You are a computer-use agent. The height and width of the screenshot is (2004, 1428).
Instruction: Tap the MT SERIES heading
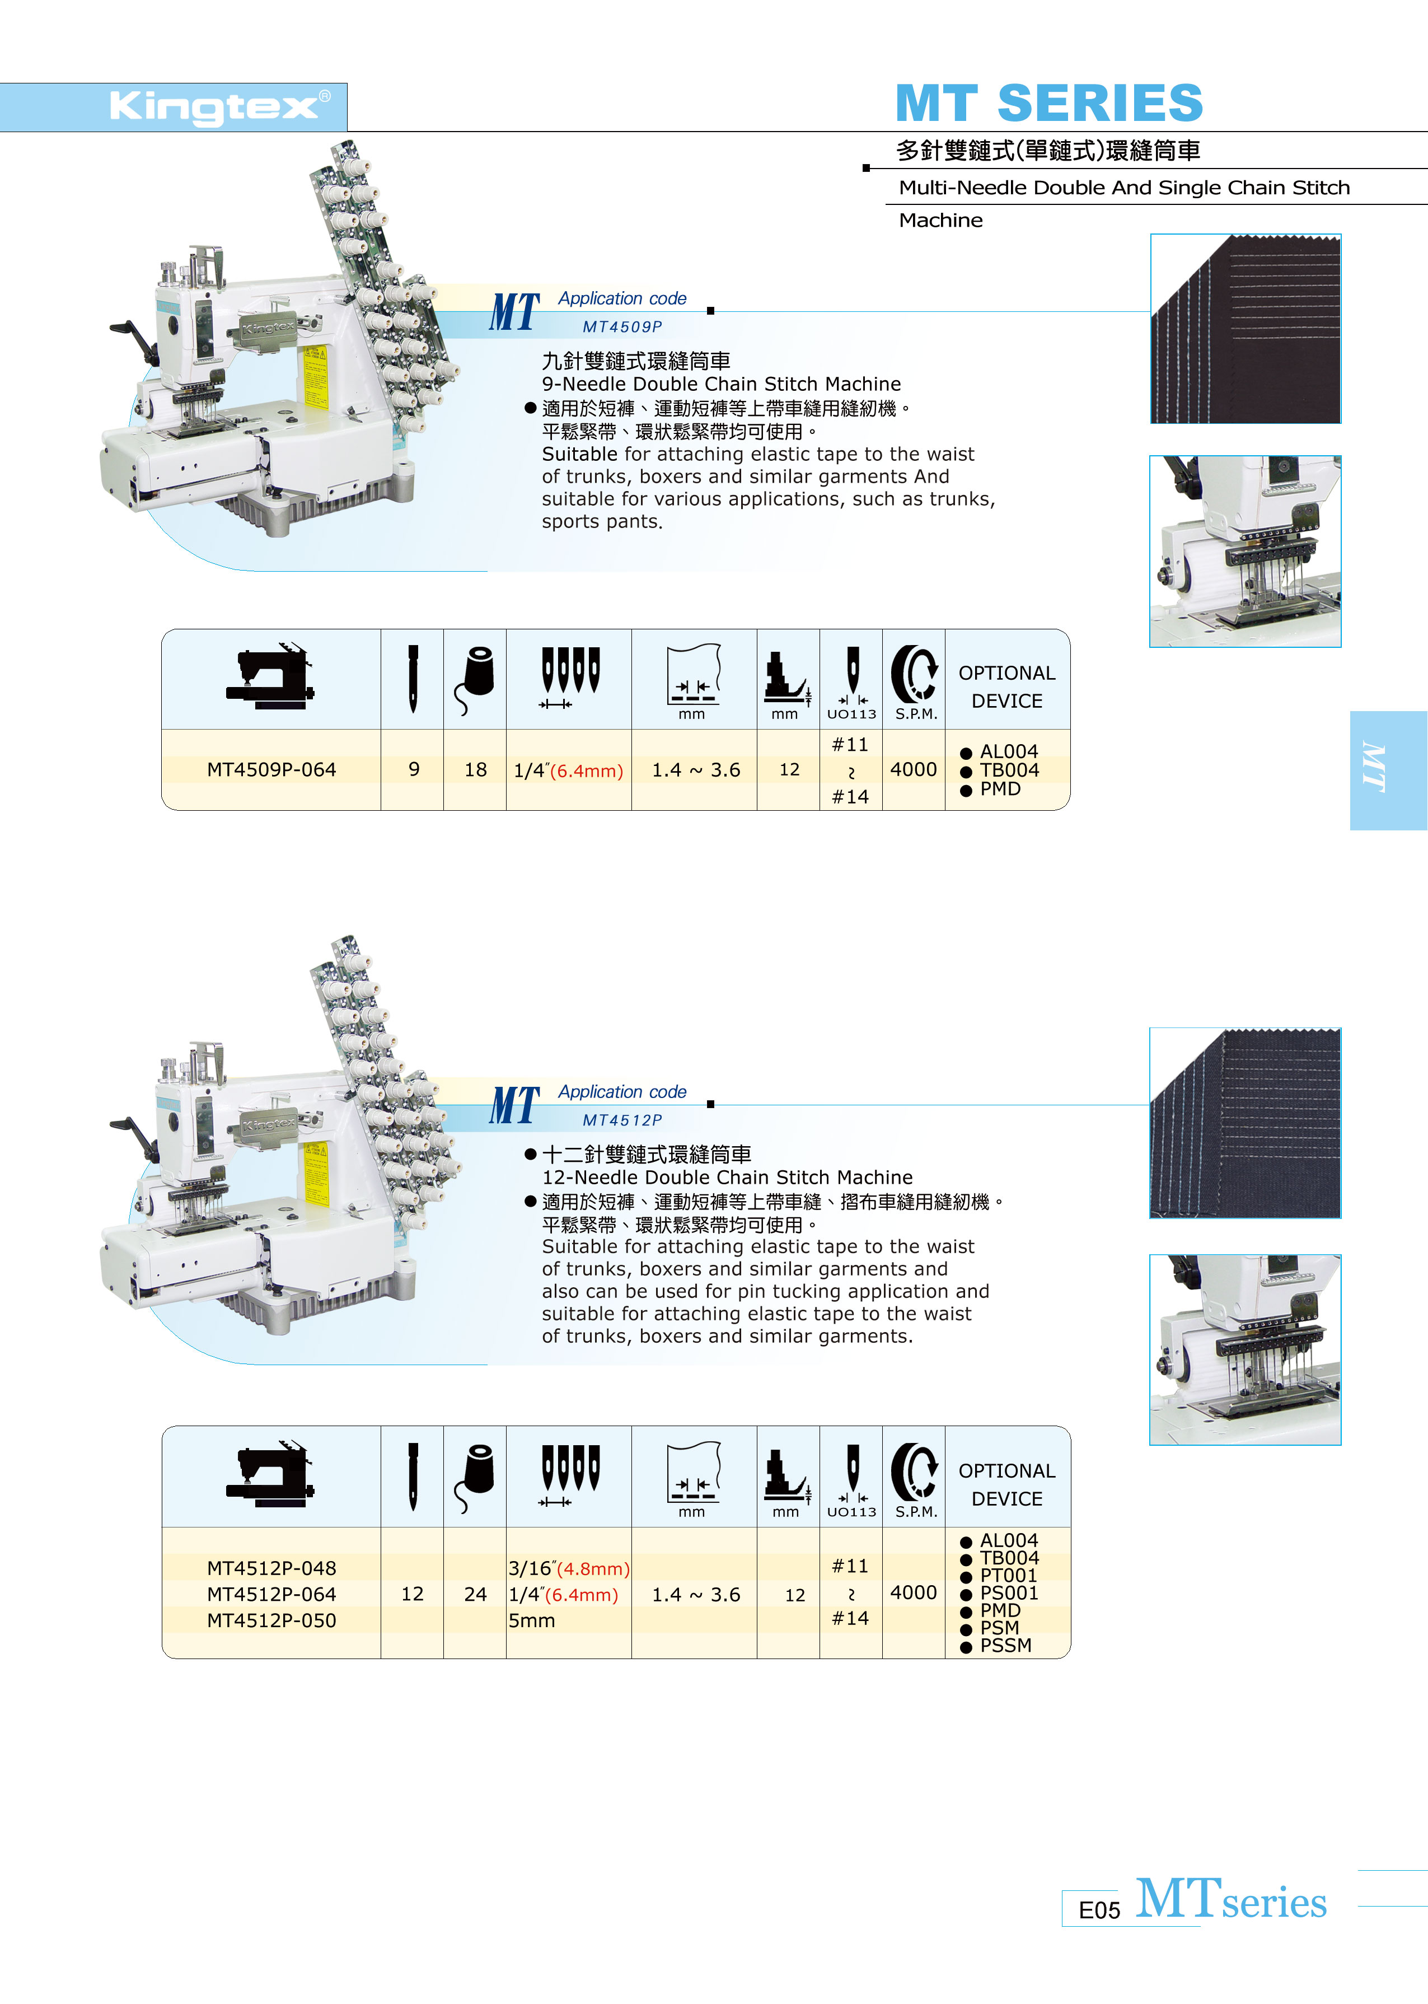[1049, 103]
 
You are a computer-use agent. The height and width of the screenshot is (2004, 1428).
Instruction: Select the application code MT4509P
[622, 327]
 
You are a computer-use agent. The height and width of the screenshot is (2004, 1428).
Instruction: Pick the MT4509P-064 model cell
[271, 769]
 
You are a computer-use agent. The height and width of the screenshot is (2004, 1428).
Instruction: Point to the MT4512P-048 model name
[271, 1568]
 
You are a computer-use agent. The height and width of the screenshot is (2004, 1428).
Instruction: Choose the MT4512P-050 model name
[271, 1620]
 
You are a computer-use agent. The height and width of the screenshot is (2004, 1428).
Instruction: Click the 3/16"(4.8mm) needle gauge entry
[569, 1568]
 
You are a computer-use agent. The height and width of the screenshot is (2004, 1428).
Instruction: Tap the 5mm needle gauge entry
[532, 1620]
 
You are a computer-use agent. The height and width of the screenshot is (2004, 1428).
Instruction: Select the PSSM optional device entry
[997, 1645]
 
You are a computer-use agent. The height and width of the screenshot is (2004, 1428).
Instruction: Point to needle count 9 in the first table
[413, 769]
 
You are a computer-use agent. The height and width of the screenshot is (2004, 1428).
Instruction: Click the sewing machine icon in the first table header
[271, 676]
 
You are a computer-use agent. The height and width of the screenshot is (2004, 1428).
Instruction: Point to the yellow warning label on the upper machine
[315, 377]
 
